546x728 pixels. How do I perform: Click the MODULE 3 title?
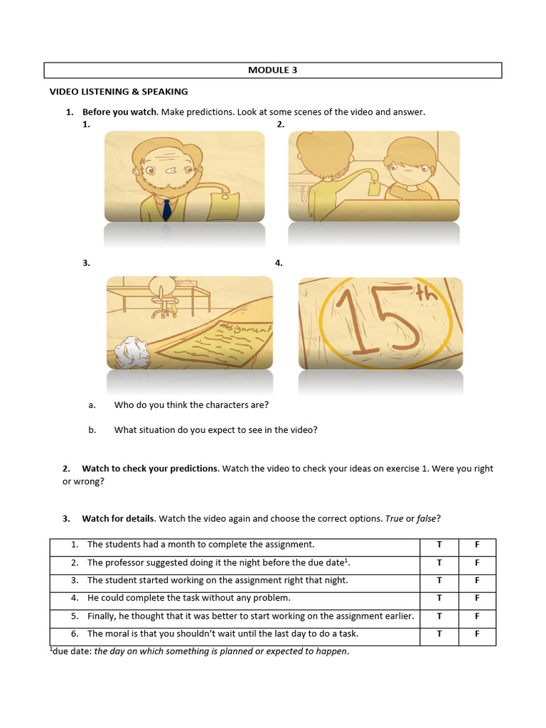pyautogui.click(x=272, y=70)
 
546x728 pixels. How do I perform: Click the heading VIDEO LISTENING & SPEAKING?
pyautogui.click(x=118, y=92)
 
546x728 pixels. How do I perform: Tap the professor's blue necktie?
pyautogui.click(x=166, y=209)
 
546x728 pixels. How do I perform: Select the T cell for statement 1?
pyautogui.click(x=439, y=545)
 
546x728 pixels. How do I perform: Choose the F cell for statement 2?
pyautogui.click(x=477, y=562)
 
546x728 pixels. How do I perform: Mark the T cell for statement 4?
pyautogui.click(x=439, y=599)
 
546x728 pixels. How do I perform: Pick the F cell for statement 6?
pyautogui.click(x=477, y=634)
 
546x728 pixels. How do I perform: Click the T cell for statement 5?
pyautogui.click(x=439, y=616)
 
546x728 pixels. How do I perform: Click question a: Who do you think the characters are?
pyautogui.click(x=191, y=405)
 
